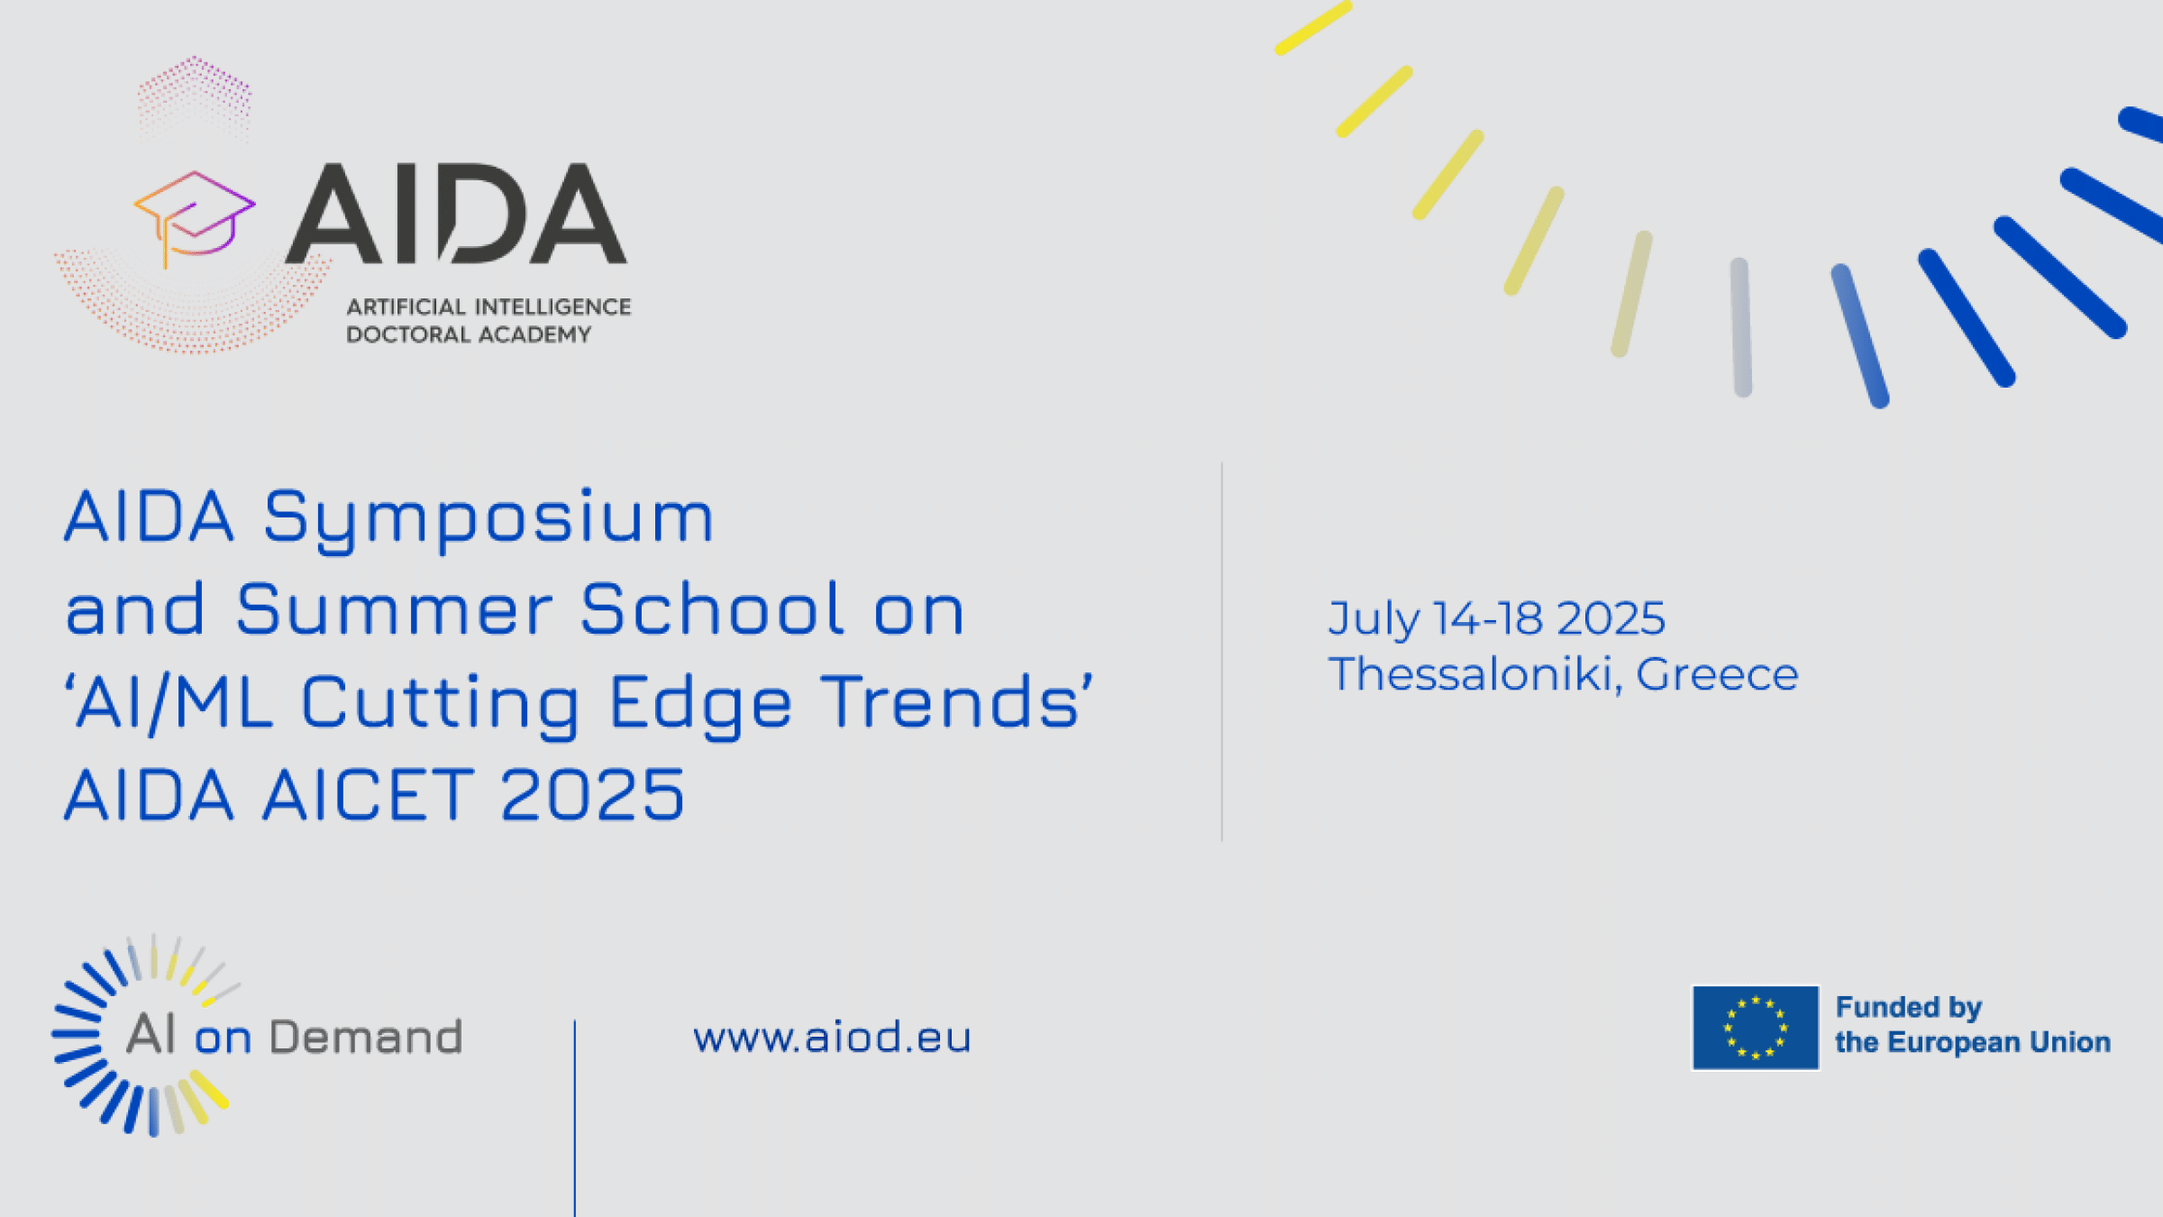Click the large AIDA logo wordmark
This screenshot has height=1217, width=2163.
click(x=456, y=214)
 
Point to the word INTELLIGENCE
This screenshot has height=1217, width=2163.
click(x=553, y=307)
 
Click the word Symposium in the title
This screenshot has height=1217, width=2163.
click(x=488, y=519)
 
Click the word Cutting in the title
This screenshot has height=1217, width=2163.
click(x=441, y=703)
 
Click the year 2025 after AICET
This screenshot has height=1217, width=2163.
click(x=593, y=794)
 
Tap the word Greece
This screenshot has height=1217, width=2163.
click(x=1717, y=675)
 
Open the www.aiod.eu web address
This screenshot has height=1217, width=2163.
click(x=832, y=1038)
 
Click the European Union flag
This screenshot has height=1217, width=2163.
click(x=1755, y=1028)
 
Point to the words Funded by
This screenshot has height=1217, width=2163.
click(x=1909, y=1008)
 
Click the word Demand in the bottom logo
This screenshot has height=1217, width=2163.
click(x=366, y=1038)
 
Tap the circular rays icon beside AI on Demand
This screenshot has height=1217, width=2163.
click(x=144, y=1035)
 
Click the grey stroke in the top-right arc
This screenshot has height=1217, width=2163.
click(x=1741, y=327)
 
